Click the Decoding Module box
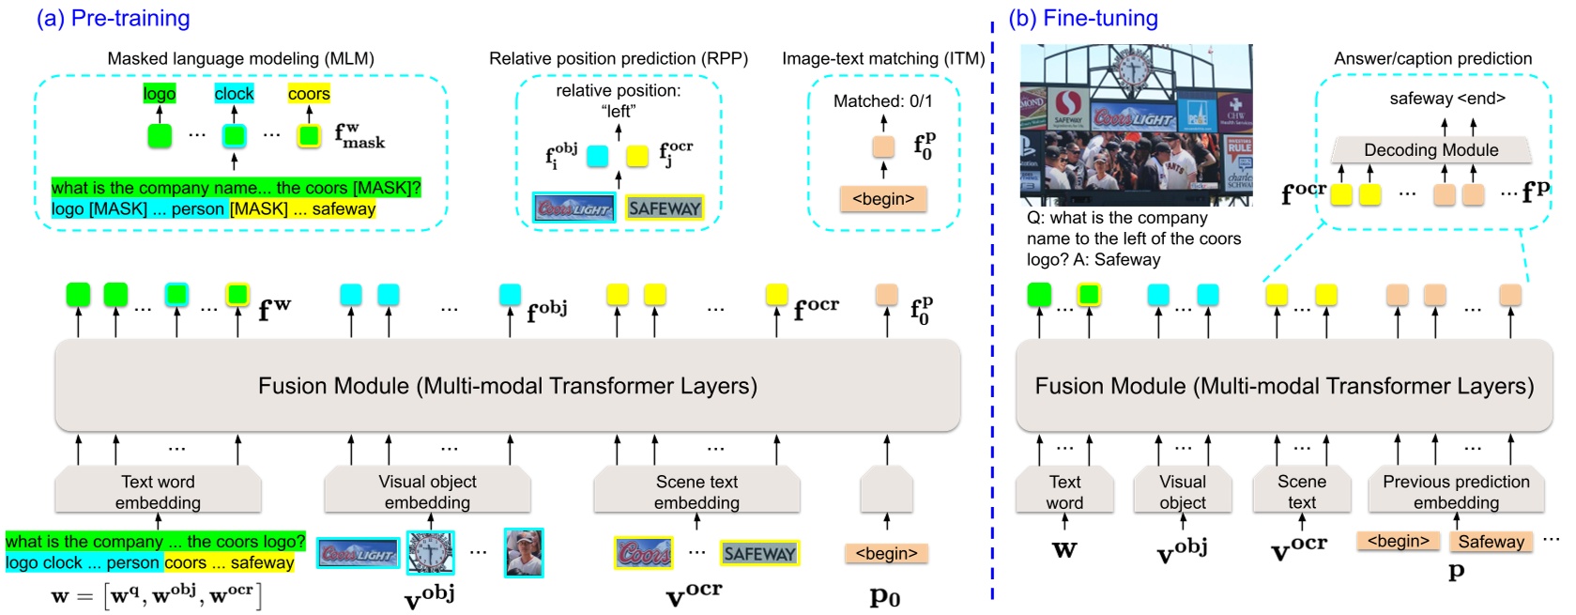click(x=1431, y=150)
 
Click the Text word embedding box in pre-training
click(x=158, y=491)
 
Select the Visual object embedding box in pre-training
click(x=427, y=491)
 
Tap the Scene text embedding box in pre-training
click(x=696, y=491)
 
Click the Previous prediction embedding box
click(x=1456, y=491)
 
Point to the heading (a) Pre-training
click(x=113, y=18)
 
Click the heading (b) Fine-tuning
click(x=1083, y=18)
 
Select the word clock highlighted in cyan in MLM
click(x=234, y=94)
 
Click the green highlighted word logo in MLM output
click(x=160, y=94)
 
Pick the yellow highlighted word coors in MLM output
click(x=309, y=94)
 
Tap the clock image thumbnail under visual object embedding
click(x=431, y=552)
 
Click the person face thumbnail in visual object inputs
click(x=523, y=552)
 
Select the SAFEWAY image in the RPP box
click(x=665, y=208)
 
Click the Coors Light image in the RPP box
click(x=574, y=208)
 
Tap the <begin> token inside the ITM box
click(x=882, y=199)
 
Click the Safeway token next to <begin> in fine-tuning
click(x=1491, y=542)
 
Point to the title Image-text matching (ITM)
click(x=883, y=58)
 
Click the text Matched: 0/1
click(x=882, y=100)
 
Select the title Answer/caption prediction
click(x=1432, y=58)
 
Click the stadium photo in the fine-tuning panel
click(x=1136, y=124)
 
